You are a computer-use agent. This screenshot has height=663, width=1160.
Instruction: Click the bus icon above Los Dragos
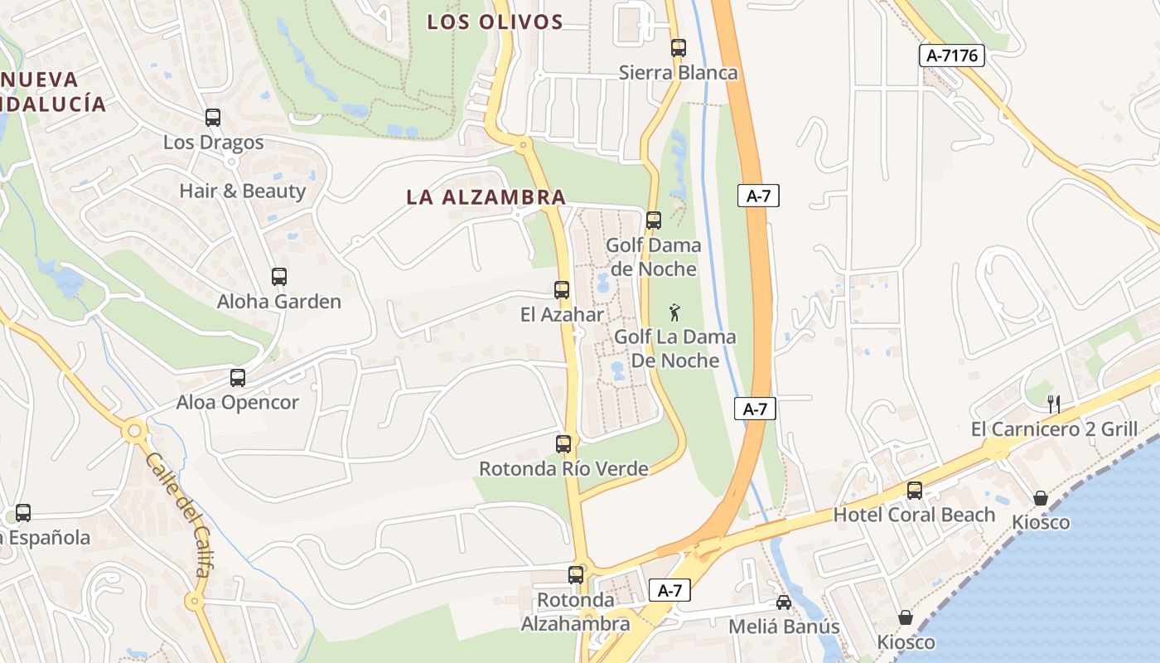click(x=213, y=118)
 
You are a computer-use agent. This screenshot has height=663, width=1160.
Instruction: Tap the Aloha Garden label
click(x=279, y=302)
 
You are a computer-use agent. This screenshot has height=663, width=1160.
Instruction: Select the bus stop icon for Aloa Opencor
click(x=238, y=378)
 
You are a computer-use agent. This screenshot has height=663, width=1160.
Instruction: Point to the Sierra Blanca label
click(x=678, y=73)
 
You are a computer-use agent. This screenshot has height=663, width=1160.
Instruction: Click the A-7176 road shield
click(x=952, y=56)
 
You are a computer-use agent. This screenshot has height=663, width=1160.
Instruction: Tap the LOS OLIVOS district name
click(x=495, y=22)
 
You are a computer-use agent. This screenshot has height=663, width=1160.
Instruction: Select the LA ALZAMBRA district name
click(x=486, y=197)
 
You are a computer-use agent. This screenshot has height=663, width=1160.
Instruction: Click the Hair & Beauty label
click(x=243, y=191)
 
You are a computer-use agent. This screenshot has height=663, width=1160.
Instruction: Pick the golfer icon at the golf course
click(x=675, y=312)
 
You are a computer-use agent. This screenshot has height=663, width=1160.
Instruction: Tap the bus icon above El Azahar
click(x=562, y=290)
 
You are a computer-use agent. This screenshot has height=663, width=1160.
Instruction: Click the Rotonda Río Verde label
click(x=563, y=469)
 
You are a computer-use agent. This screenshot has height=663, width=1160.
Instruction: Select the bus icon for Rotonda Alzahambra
click(x=576, y=574)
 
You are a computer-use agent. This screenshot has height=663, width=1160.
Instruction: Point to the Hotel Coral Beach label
click(x=914, y=515)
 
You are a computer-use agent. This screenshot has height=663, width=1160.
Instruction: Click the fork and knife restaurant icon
click(x=1054, y=404)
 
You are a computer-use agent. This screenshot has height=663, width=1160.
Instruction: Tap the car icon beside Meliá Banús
click(x=783, y=603)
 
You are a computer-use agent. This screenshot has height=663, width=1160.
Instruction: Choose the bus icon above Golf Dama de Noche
click(x=654, y=220)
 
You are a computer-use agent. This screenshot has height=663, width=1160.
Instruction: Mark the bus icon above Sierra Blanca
click(x=679, y=48)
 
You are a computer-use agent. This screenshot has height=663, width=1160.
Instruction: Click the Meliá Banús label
click(x=784, y=627)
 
